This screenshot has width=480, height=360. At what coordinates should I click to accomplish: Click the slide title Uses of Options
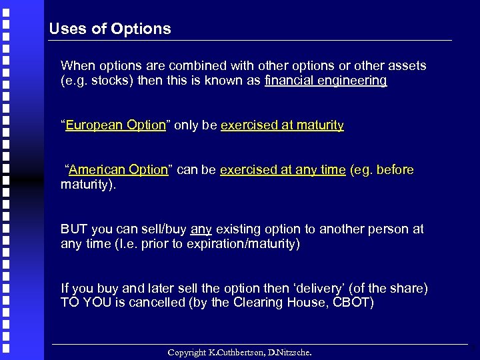coord(110,29)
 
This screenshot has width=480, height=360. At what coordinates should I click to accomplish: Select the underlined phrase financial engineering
coord(325,81)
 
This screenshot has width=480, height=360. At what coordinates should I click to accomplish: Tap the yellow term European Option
coord(115,125)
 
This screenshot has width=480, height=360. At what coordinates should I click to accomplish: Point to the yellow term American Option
coord(118,170)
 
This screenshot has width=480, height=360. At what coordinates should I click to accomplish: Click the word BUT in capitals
coord(74,229)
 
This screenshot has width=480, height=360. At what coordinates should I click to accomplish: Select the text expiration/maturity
coord(244,244)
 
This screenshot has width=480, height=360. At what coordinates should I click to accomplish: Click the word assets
coord(407,66)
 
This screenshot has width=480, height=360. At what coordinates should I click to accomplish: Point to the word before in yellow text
coord(395,170)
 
